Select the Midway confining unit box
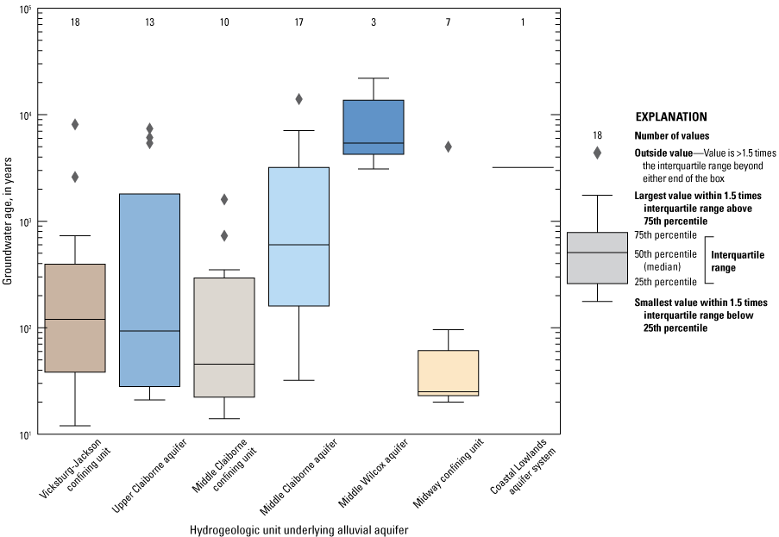[x=448, y=372]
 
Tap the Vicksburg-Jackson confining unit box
[x=75, y=317]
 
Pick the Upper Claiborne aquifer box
[x=149, y=290]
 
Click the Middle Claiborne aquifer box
[x=298, y=236]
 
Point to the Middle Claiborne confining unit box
[x=224, y=337]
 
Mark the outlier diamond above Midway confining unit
[x=449, y=147]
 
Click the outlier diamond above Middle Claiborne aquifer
[x=298, y=99]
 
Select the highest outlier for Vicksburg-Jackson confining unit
[x=75, y=124]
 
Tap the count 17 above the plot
[x=298, y=22]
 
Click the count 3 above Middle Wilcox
[x=374, y=22]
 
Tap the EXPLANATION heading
[x=671, y=116]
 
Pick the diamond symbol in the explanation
[x=597, y=153]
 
